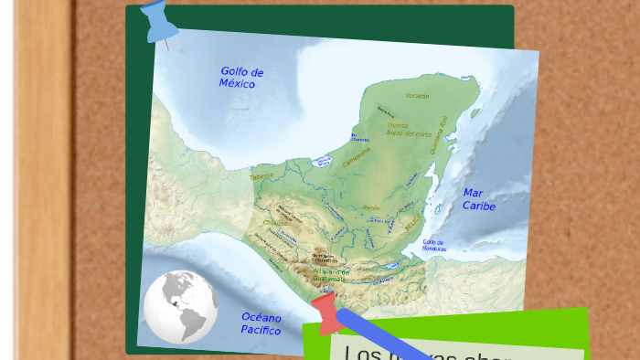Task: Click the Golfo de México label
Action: (x=241, y=78)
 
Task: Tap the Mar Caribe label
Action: (x=477, y=199)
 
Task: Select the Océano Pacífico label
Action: (x=261, y=323)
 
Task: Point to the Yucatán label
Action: (x=417, y=96)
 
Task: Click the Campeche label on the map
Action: (x=357, y=157)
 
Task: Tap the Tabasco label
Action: (x=261, y=175)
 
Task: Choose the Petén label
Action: (x=371, y=208)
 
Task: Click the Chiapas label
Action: (x=274, y=222)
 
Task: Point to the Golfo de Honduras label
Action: (x=434, y=245)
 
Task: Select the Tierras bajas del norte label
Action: (x=409, y=129)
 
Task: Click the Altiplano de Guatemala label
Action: (x=330, y=275)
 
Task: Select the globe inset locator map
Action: (x=180, y=307)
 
